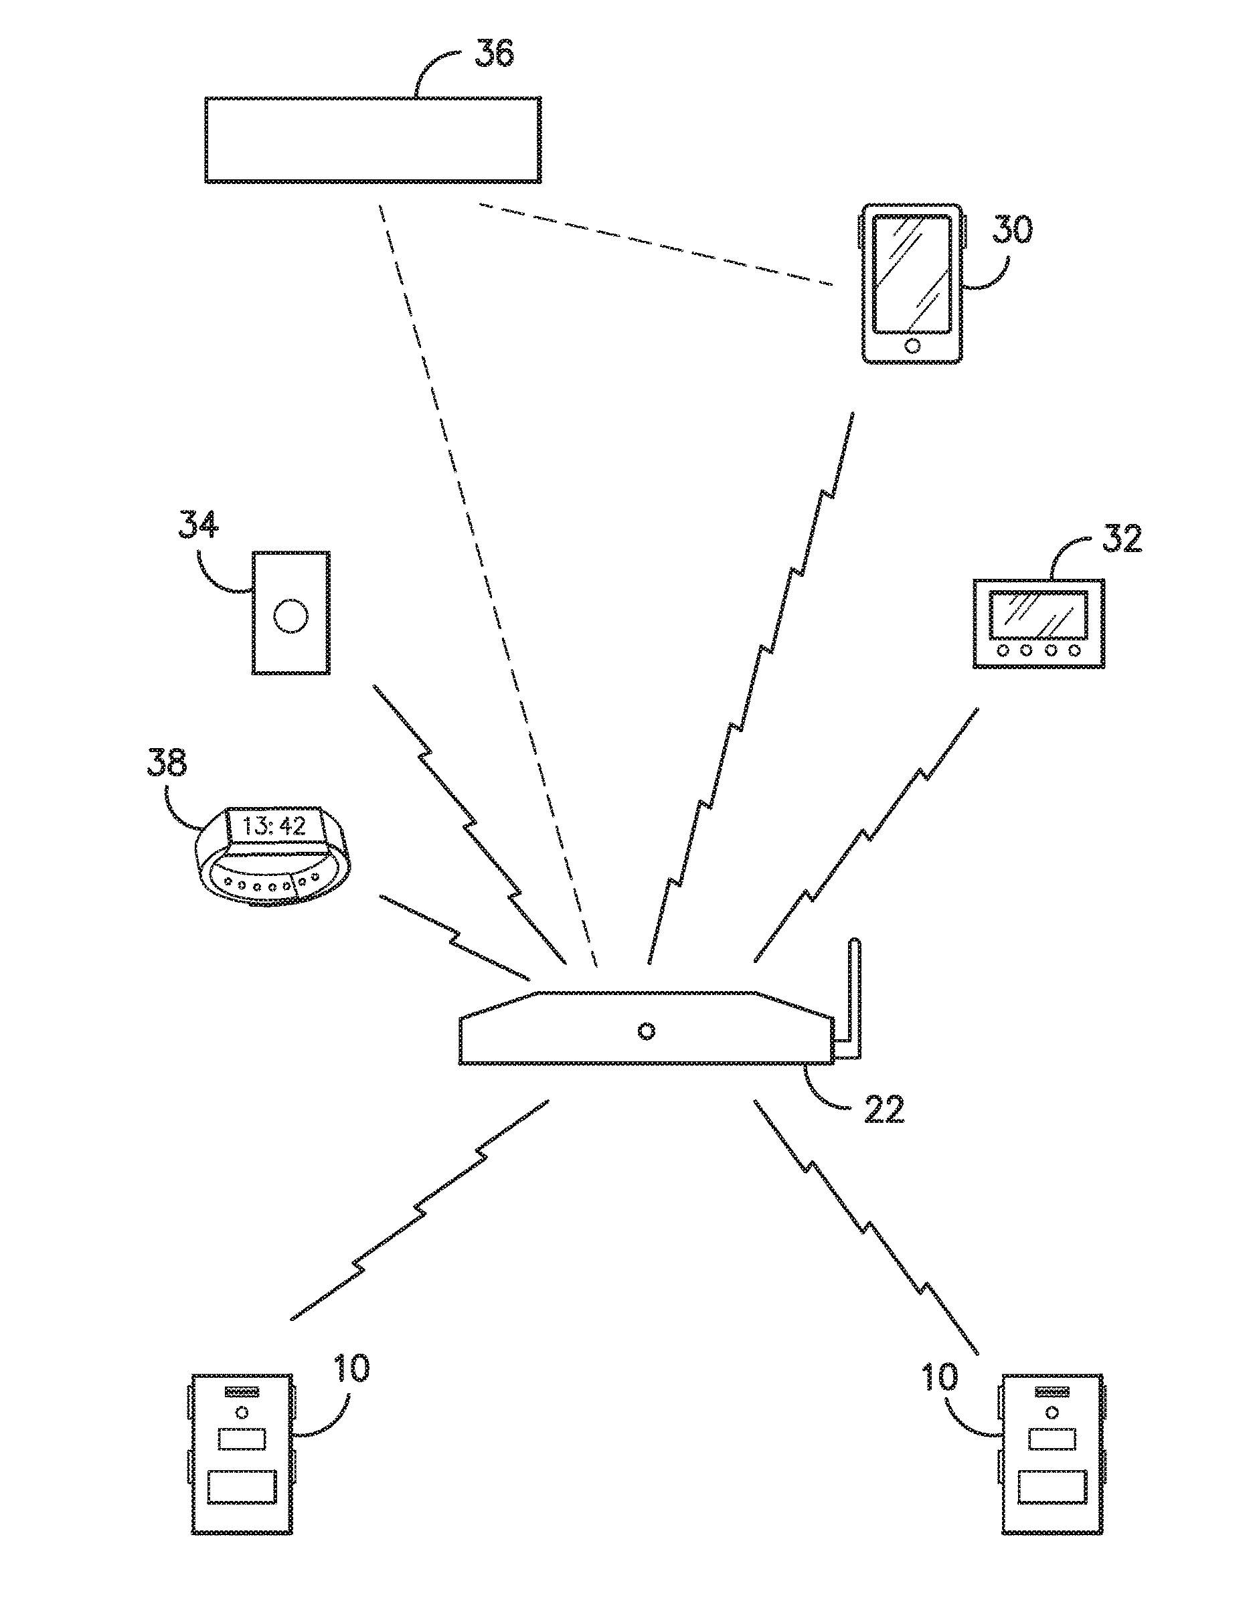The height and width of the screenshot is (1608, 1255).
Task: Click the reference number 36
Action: pyautogui.click(x=493, y=52)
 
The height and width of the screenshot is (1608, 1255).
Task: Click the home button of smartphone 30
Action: pyautogui.click(x=912, y=346)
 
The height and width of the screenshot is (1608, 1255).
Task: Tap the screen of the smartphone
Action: pyautogui.click(x=912, y=272)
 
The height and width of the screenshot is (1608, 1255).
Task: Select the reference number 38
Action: pyautogui.click(x=167, y=762)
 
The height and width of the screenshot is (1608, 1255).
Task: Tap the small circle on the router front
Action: pyautogui.click(x=646, y=1031)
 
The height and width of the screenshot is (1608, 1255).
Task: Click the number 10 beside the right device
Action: pyautogui.click(x=940, y=1377)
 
